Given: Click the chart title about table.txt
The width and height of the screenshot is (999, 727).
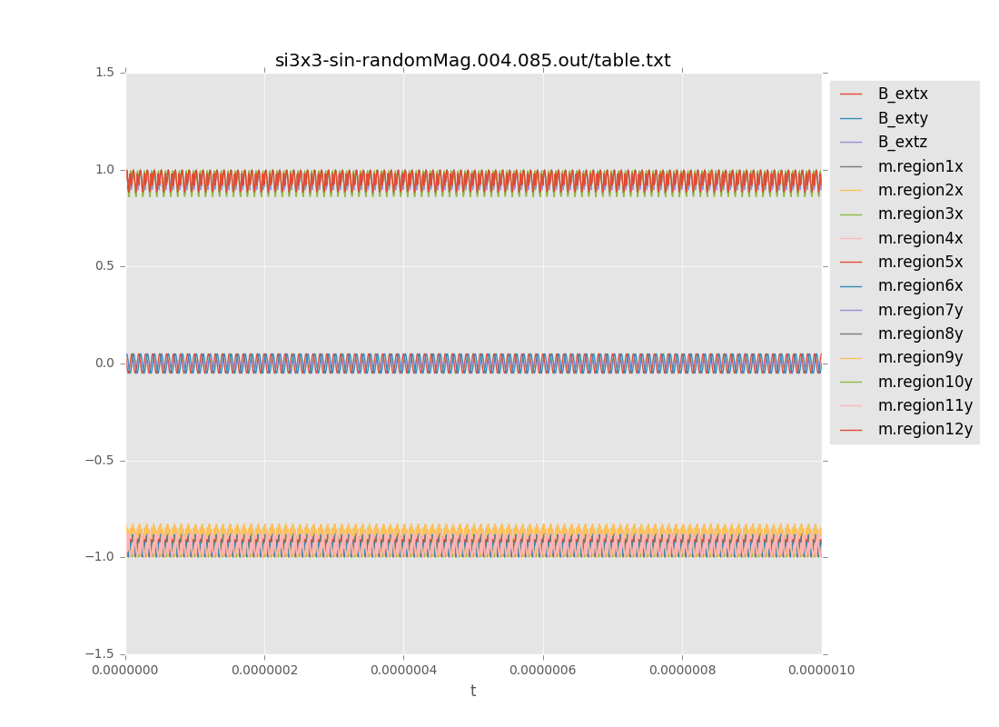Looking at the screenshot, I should coord(472,61).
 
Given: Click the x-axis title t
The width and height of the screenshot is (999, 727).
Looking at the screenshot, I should coord(473,691).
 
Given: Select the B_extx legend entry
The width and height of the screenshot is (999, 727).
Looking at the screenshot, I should coord(902,94).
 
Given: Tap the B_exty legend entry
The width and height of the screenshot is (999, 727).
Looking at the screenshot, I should coord(902,118).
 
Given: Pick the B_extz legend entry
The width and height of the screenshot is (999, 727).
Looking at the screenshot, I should coord(902,142).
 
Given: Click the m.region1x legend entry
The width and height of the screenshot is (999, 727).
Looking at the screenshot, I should coord(919,166).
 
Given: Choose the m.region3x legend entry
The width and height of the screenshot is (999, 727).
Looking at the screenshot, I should coord(919,214).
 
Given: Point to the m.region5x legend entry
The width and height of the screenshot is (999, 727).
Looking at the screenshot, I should coord(919,262).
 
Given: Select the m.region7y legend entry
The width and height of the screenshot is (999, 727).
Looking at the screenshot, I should coord(919,310).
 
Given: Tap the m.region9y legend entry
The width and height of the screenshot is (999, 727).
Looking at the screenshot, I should coord(919,357).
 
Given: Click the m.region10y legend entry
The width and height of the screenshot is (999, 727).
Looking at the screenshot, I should coord(924,382).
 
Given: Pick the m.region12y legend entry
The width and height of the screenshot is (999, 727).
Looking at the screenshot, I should coord(924,429).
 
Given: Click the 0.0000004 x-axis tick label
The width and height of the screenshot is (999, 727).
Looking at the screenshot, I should coord(403,671).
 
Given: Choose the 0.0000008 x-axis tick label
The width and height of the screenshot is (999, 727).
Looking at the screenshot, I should coord(682,671).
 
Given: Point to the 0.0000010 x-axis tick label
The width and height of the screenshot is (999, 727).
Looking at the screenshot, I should coord(821,671).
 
